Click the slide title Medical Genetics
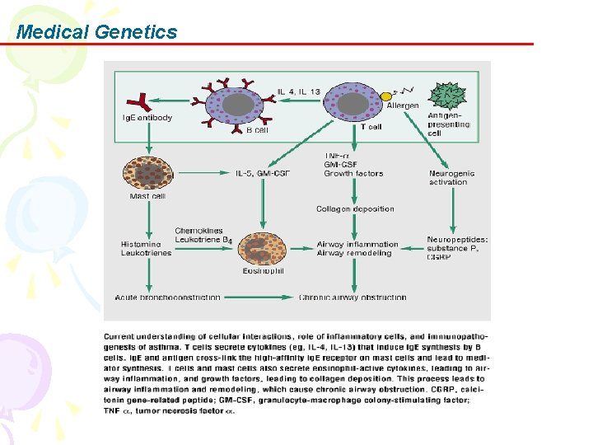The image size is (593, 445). (96, 32)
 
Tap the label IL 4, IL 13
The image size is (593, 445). (298, 91)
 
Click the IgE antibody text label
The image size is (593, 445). (147, 117)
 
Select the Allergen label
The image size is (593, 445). (402, 105)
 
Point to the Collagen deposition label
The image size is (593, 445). (355, 209)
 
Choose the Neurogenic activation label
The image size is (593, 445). (448, 177)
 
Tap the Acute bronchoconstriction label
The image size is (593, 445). (168, 297)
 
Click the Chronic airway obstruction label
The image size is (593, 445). (353, 297)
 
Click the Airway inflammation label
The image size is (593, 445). (357, 244)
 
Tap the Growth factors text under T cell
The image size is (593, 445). (353, 174)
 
